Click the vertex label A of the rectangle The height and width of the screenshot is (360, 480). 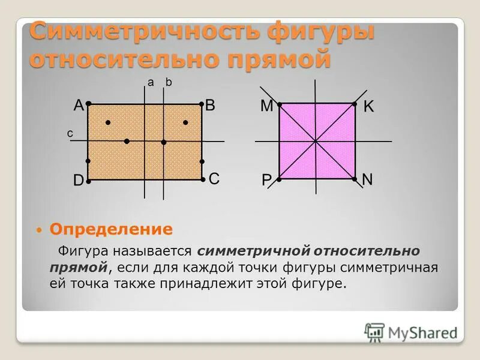(79, 106)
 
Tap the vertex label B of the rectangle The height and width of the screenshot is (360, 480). (210, 106)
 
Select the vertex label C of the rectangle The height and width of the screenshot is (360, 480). (214, 178)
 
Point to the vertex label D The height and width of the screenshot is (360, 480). (79, 181)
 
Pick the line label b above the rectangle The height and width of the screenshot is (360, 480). (169, 83)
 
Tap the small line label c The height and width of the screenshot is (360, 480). (70, 135)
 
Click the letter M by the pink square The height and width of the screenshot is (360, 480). (266, 106)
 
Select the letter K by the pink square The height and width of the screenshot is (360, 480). (368, 107)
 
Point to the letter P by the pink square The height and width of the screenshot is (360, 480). (266, 181)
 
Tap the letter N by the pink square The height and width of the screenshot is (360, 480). (367, 179)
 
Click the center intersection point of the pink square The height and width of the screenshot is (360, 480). (316, 141)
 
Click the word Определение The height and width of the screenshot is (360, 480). (111, 229)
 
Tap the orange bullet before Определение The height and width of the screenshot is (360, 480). (38, 230)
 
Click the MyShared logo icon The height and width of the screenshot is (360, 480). (374, 332)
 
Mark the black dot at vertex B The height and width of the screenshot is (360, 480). (200, 104)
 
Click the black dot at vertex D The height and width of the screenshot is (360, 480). (88, 179)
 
